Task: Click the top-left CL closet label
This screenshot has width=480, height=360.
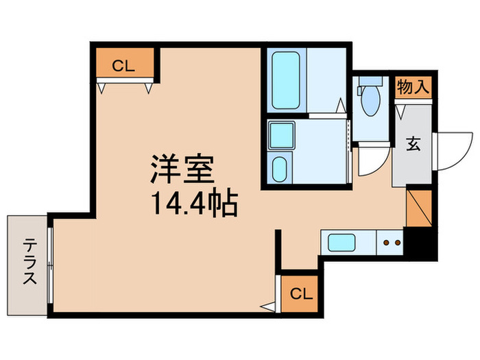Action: tap(123, 67)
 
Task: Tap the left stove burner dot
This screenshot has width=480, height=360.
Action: tap(385, 242)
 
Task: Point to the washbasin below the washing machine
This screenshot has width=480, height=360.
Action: tap(280, 167)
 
